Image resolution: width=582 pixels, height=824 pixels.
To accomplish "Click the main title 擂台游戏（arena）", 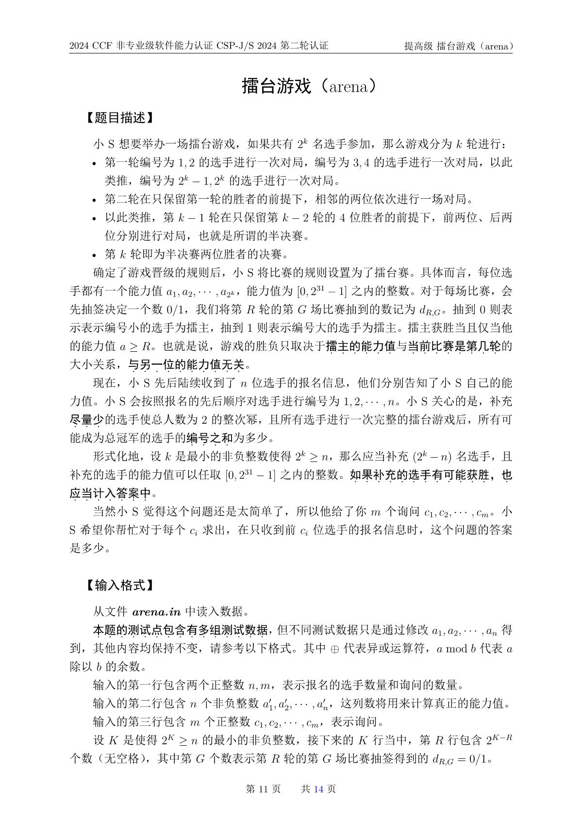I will click(x=309, y=86).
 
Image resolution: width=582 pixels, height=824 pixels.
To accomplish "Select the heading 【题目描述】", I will click(x=119, y=118).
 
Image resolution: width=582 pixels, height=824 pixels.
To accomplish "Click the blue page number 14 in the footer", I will click(x=318, y=789).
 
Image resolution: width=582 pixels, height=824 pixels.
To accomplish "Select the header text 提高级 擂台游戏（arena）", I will click(x=459, y=46).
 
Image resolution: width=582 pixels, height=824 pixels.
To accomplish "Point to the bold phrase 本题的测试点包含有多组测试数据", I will click(x=180, y=631).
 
